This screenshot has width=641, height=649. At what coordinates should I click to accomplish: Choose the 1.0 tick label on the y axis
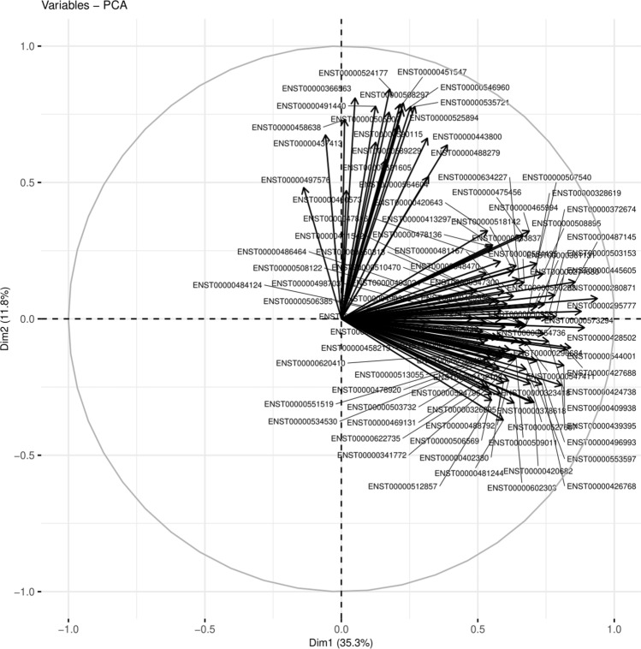(x=35, y=46)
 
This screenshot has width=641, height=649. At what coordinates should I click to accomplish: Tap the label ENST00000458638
(x=287, y=128)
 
